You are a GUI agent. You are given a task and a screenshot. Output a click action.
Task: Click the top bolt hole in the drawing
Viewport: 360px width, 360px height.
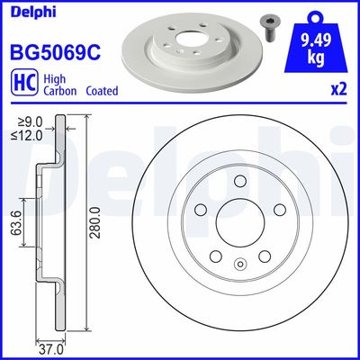pos(239,184)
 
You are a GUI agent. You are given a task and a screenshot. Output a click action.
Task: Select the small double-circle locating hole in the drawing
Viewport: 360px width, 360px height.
pos(239,264)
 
